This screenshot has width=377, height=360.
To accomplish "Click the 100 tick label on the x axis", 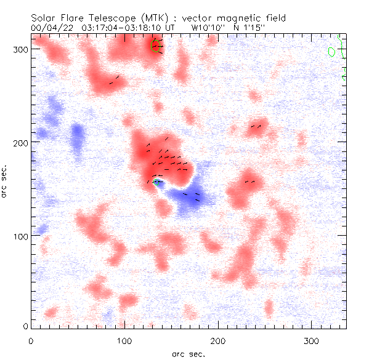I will [124, 340].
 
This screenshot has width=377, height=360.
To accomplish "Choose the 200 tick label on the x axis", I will [217, 340].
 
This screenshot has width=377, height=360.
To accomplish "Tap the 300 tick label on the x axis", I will [311, 340].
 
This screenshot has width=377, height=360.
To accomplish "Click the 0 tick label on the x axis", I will [31, 340].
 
